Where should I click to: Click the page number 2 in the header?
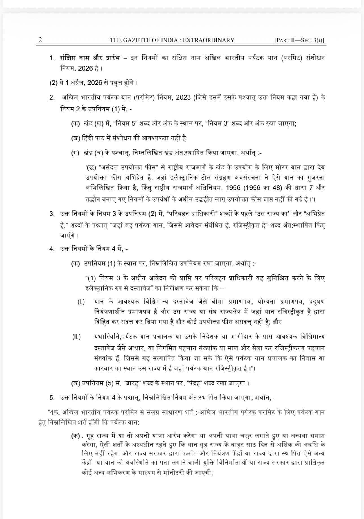pyautogui.click(x=40, y=40)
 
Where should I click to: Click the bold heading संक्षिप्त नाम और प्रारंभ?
pyautogui.click(x=90, y=58)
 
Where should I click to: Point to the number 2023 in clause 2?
pyautogui.click(x=183, y=98)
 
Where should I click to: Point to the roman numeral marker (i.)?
pyautogui.click(x=81, y=302)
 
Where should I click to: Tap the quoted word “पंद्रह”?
pyautogui.click(x=197, y=383)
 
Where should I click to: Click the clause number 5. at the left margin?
pyautogui.click(x=52, y=398)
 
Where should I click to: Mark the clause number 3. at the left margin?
pyautogui.click(x=52, y=213)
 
